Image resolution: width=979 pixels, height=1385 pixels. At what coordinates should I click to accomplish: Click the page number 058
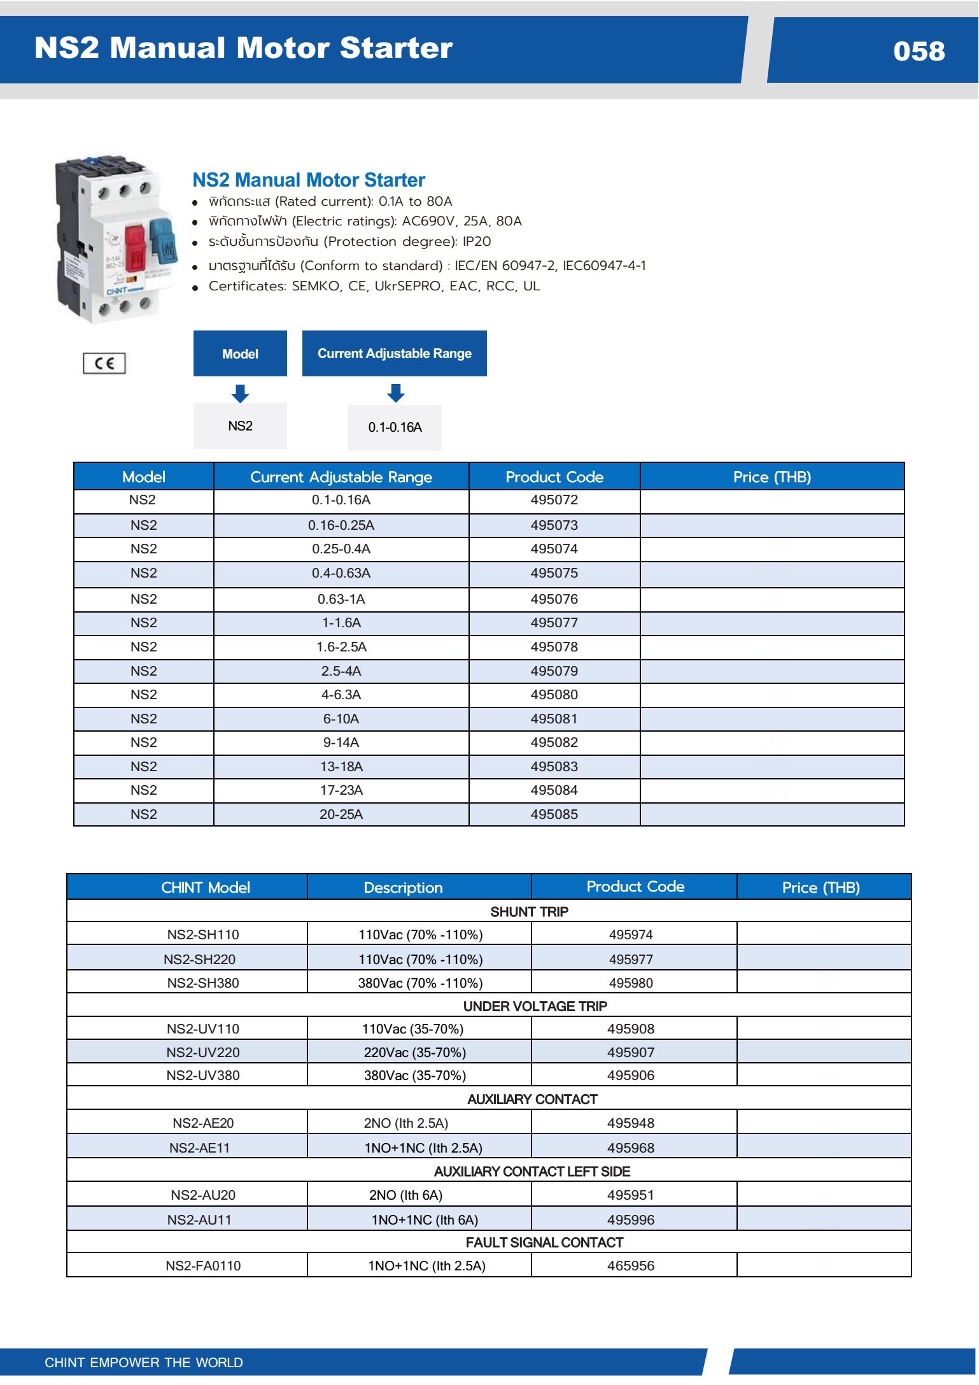point(919,51)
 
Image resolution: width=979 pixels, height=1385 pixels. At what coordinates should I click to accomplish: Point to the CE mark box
point(104,364)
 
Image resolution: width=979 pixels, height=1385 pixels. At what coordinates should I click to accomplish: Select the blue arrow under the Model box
point(240,393)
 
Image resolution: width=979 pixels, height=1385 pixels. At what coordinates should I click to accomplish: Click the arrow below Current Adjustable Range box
point(395,393)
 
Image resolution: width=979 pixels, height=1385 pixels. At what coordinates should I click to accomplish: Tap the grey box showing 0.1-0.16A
point(395,427)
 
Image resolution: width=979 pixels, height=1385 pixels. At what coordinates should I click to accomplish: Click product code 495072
point(554,501)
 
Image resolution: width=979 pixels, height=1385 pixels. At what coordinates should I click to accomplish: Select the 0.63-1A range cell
point(341,599)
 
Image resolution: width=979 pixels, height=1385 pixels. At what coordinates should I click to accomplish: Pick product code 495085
point(554,814)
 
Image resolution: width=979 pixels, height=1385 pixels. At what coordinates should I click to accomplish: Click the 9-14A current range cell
point(341,742)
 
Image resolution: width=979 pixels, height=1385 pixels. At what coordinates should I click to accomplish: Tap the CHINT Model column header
point(205,888)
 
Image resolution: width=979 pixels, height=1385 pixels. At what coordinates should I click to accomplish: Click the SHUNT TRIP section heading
point(529,912)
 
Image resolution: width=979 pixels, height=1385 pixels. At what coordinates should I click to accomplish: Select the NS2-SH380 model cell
point(203,983)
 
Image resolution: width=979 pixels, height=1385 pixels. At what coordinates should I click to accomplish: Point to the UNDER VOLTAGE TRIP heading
point(535,1006)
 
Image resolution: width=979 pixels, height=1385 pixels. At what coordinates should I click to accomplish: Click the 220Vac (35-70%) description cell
point(414,1053)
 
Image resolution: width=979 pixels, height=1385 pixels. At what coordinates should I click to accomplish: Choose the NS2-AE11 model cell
point(199,1148)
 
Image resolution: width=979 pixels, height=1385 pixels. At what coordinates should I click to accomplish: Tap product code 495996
point(630,1220)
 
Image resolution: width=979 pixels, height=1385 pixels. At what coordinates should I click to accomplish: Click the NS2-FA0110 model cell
point(203,1266)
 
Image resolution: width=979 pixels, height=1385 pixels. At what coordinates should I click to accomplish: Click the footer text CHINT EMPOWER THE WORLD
point(144,1363)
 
